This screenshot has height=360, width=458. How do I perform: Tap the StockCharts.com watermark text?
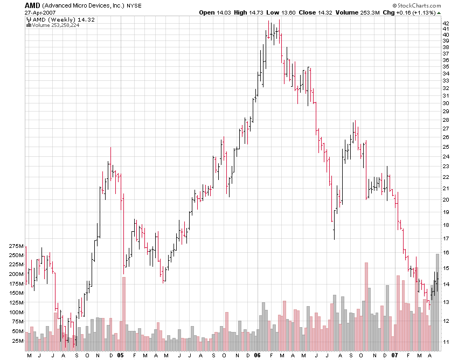point(420,5)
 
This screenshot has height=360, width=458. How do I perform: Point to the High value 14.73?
point(258,12)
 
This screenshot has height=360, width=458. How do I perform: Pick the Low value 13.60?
point(289,12)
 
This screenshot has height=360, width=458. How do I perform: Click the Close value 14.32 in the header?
point(324,12)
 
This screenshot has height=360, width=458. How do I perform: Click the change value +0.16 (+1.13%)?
point(418,12)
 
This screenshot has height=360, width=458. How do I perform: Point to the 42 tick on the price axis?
point(446,24)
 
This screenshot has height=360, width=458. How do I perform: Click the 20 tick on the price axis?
point(446,199)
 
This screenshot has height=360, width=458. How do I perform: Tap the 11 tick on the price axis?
point(446,342)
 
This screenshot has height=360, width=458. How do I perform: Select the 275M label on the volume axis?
point(17,246)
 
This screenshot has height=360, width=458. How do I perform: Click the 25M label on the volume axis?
point(18,341)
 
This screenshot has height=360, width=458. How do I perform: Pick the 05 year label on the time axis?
point(121,355)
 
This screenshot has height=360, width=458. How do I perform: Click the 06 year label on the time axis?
point(257,355)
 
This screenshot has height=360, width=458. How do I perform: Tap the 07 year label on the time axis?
point(394,355)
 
